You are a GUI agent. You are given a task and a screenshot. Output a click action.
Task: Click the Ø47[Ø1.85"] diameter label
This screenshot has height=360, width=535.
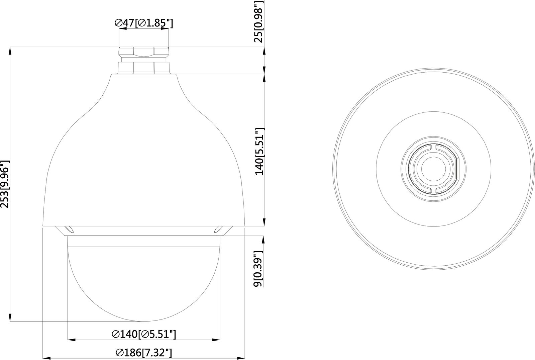pos(144,23)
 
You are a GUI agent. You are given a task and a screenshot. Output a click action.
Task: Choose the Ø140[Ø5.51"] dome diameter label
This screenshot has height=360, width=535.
pos(144,334)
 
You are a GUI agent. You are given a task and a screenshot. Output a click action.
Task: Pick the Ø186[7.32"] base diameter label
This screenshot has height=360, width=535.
pos(144,352)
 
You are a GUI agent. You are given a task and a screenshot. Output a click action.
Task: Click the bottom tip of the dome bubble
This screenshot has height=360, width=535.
pos(144,321)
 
